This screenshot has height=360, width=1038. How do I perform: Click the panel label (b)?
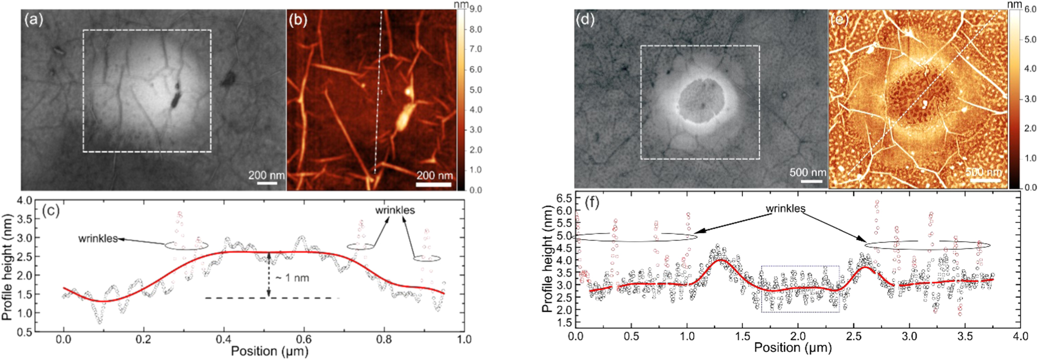[298, 21]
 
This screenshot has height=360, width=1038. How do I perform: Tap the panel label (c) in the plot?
[50, 210]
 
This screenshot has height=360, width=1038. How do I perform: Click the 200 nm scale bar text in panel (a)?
[266, 175]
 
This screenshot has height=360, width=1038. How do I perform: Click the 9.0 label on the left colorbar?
[476, 9]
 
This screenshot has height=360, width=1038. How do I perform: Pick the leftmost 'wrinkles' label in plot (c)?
[97, 239]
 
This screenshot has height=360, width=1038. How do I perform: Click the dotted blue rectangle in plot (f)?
[800, 289]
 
